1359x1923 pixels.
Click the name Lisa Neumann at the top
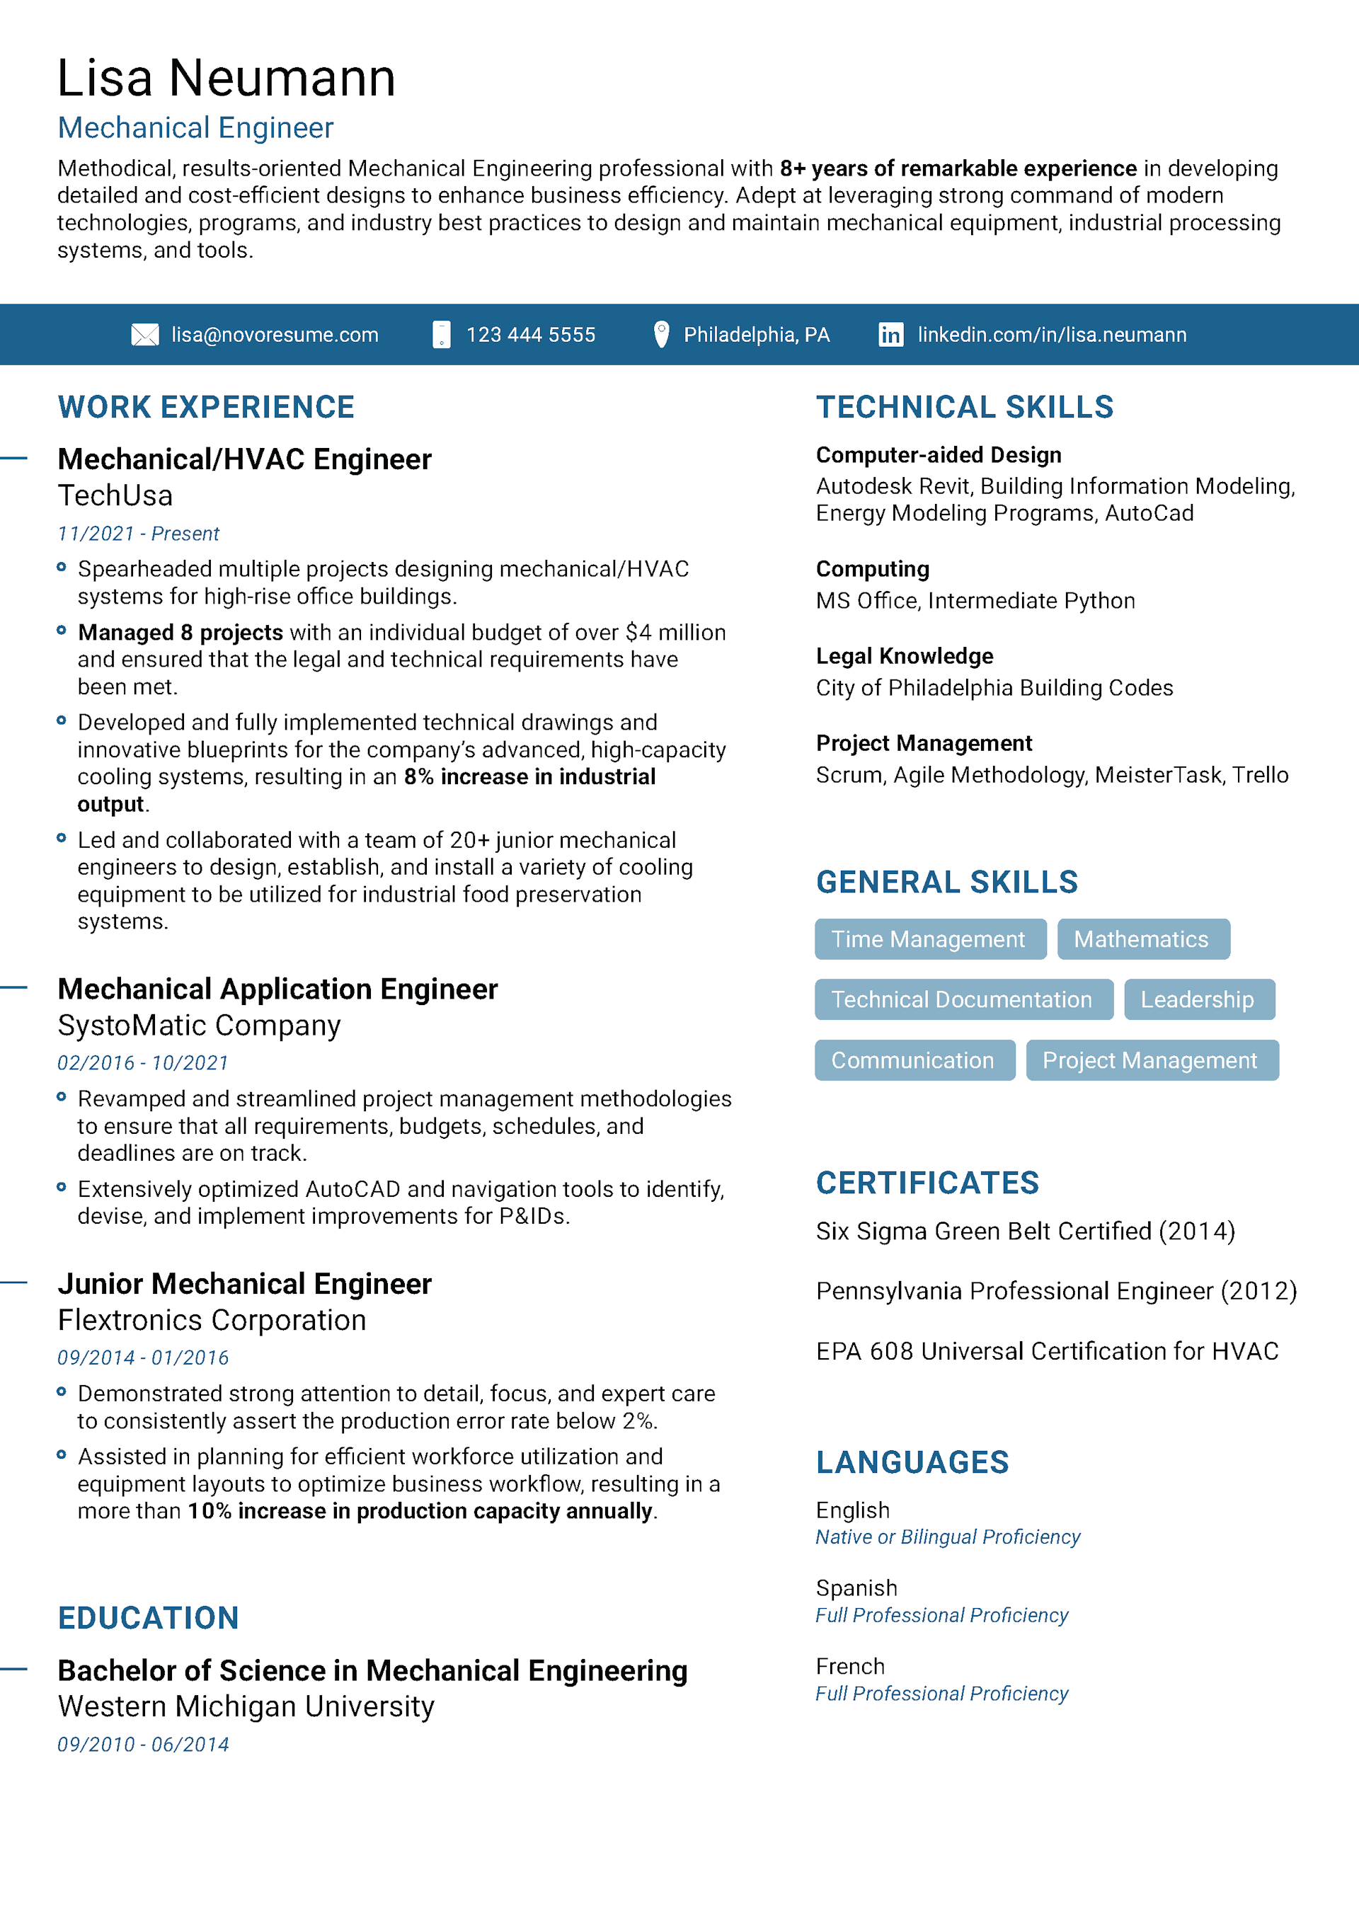[x=226, y=78]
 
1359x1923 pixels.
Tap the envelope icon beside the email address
[x=145, y=335]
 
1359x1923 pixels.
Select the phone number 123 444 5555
[x=530, y=335]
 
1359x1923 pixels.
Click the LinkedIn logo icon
[x=890, y=335]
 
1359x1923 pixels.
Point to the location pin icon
[x=661, y=334]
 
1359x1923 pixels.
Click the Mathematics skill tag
[x=1143, y=939]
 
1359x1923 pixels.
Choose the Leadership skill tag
[x=1198, y=999]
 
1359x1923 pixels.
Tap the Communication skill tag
[x=914, y=1060]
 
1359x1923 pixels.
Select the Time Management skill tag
[x=929, y=939]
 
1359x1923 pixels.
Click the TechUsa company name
[x=115, y=496]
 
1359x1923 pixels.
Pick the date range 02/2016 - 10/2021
[x=142, y=1063]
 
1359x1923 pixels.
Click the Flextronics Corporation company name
[x=212, y=1320]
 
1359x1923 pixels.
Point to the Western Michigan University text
[x=246, y=1706]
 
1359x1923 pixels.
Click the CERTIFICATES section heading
[x=927, y=1183]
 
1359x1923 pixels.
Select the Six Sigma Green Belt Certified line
[x=1026, y=1232]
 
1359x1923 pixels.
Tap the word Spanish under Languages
[x=856, y=1588]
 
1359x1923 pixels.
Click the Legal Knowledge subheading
[x=904, y=656]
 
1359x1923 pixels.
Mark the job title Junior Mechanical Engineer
[x=245, y=1284]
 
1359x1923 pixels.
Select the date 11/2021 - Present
[x=138, y=534]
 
